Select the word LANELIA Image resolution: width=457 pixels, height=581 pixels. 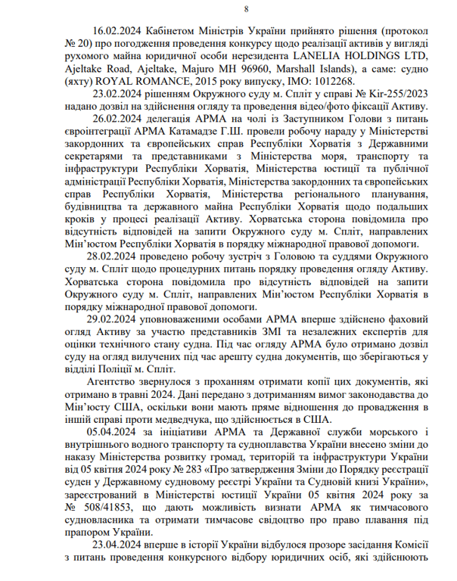(328, 57)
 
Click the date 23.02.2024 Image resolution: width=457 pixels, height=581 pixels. (118, 94)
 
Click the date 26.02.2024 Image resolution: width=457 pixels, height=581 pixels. (118, 118)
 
